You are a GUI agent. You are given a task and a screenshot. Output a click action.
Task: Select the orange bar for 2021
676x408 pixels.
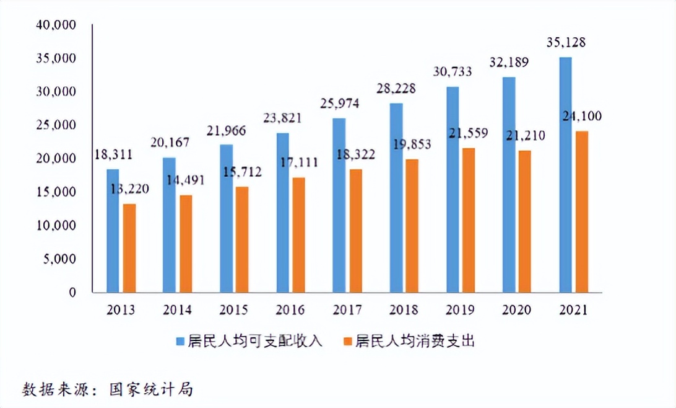581,211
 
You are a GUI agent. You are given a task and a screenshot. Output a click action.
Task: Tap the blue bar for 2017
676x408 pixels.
339,205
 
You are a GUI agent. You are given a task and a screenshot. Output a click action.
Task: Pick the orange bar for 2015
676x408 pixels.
241,239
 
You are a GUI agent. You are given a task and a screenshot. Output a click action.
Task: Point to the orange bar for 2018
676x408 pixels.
412,226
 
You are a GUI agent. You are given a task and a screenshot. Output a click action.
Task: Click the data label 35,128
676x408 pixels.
566,43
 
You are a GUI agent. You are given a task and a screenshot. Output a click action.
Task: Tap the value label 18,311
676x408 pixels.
113,154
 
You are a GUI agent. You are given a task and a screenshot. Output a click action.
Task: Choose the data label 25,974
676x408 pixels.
340,103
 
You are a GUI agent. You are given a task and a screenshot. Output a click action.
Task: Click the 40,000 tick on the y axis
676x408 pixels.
56,25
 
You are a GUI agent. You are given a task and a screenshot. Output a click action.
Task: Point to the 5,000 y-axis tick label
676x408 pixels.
60,259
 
